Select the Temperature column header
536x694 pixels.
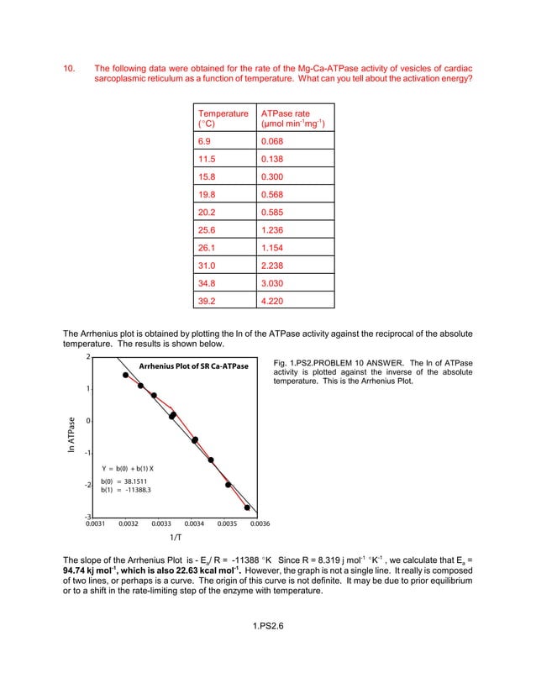coord(223,113)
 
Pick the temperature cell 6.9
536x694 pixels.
coord(206,141)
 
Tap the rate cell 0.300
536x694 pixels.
coord(272,176)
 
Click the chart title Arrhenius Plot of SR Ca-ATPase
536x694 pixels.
coord(193,366)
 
